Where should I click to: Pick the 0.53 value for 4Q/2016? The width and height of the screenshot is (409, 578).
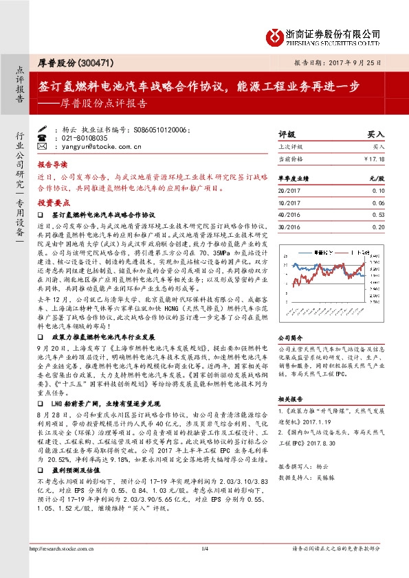(x=377, y=214)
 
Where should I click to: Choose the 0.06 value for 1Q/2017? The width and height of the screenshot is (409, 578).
(x=377, y=203)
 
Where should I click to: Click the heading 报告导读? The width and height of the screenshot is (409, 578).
(x=53, y=165)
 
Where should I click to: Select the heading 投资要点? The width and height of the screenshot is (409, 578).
(x=53, y=203)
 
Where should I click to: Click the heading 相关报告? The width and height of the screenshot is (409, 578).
(x=289, y=399)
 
